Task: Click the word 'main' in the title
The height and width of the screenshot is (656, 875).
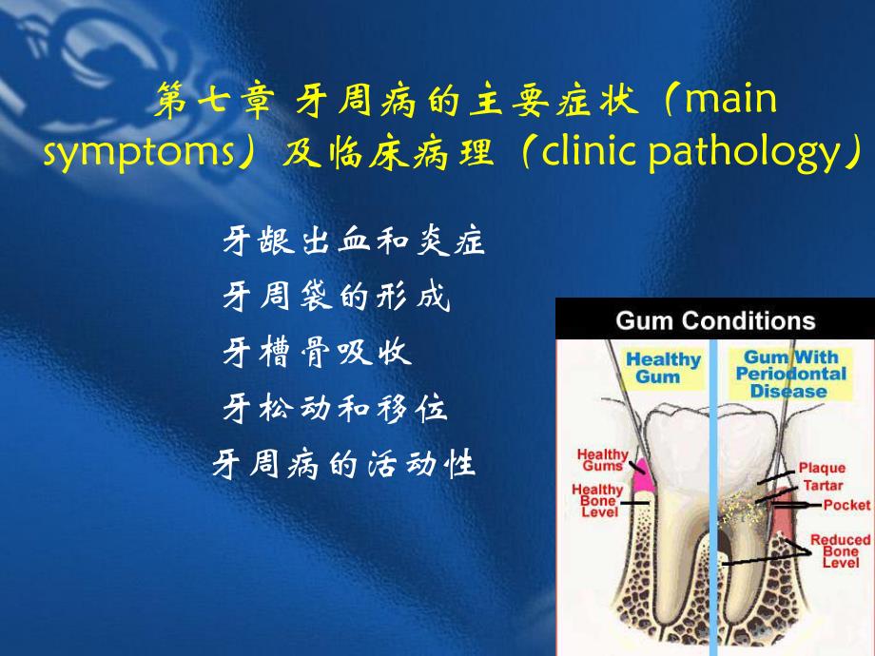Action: pyautogui.click(x=730, y=99)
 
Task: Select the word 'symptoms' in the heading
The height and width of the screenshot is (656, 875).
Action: pyautogui.click(x=139, y=152)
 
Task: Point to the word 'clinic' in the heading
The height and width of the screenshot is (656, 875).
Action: pyautogui.click(x=588, y=150)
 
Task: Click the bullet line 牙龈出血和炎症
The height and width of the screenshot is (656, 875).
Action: pyautogui.click(x=353, y=241)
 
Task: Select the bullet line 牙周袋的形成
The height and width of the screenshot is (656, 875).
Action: pyautogui.click(x=336, y=296)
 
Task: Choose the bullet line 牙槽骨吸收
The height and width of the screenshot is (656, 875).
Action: pyautogui.click(x=317, y=352)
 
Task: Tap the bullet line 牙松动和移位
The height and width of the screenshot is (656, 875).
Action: pyautogui.click(x=335, y=407)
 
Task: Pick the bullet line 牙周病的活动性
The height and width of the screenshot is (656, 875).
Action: pyautogui.click(x=343, y=464)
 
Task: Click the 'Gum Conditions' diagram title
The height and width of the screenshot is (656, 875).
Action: pyautogui.click(x=715, y=320)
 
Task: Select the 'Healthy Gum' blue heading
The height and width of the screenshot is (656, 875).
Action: pyautogui.click(x=662, y=368)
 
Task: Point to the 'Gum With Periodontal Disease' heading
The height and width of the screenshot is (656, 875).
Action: pyautogui.click(x=790, y=374)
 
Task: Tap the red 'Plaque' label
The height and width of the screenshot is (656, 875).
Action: pyautogui.click(x=822, y=468)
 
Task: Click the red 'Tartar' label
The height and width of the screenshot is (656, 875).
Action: pyautogui.click(x=823, y=485)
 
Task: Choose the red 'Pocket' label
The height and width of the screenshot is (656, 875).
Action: pyautogui.click(x=846, y=505)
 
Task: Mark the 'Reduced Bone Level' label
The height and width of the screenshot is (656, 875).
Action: pyautogui.click(x=841, y=550)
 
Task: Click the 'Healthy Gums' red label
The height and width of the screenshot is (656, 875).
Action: pyautogui.click(x=603, y=460)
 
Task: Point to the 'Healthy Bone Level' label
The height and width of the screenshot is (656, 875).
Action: pyautogui.click(x=597, y=500)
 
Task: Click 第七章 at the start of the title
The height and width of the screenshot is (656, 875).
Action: pyautogui.click(x=214, y=99)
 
